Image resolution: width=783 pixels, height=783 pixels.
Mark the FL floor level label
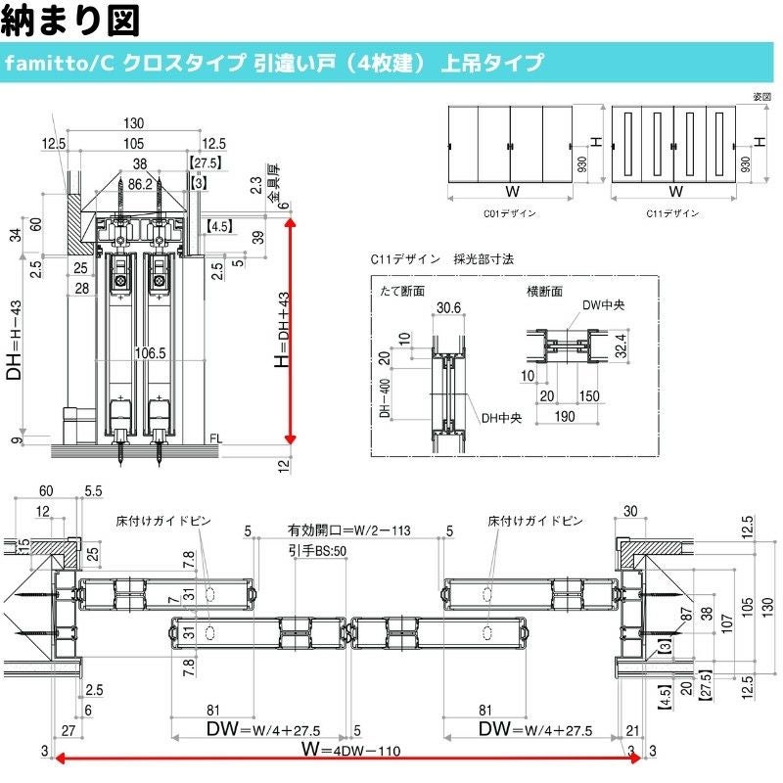[x=216, y=439]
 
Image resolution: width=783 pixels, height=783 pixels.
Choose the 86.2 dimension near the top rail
[x=138, y=182]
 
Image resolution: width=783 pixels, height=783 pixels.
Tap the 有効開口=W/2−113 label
[x=348, y=530]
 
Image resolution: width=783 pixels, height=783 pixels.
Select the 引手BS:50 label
[x=319, y=551]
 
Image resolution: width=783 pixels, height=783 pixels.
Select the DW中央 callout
[x=603, y=305]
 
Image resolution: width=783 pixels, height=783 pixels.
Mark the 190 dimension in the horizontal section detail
[x=565, y=417]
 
